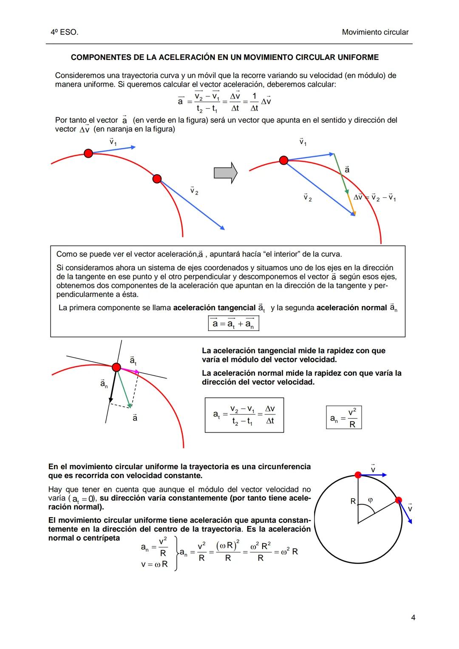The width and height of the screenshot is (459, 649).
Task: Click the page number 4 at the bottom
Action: point(413,618)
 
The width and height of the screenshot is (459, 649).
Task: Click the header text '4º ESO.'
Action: point(64,32)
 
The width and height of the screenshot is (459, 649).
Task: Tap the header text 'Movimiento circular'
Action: point(375,32)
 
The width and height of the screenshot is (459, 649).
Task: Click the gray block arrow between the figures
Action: point(225,173)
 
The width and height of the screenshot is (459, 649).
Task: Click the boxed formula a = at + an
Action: point(233,324)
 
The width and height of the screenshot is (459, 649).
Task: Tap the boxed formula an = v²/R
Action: point(344,417)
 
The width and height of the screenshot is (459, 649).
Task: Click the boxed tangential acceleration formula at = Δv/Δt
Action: point(244,415)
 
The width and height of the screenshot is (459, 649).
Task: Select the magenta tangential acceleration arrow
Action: point(129,371)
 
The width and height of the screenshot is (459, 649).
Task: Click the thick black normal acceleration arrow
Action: point(113,385)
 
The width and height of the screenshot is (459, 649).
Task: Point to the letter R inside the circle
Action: point(353,502)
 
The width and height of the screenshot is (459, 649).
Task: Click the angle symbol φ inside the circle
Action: point(370,500)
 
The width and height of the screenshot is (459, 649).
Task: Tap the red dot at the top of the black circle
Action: point(358,475)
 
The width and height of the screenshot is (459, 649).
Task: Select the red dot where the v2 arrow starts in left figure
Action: point(157,179)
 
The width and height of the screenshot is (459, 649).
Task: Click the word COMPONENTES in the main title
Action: point(96,57)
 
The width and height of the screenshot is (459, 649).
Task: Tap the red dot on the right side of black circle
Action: point(398,500)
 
